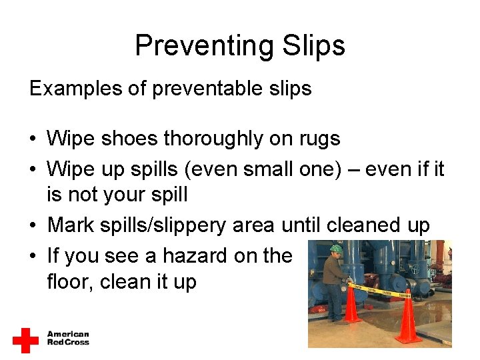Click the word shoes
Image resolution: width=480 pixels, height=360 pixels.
point(131,139)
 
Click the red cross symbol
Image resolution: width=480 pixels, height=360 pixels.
point(25,340)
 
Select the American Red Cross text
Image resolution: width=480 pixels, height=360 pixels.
point(67,338)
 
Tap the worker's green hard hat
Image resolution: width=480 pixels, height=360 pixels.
point(336,249)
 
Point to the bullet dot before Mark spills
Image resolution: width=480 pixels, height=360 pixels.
point(33,226)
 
